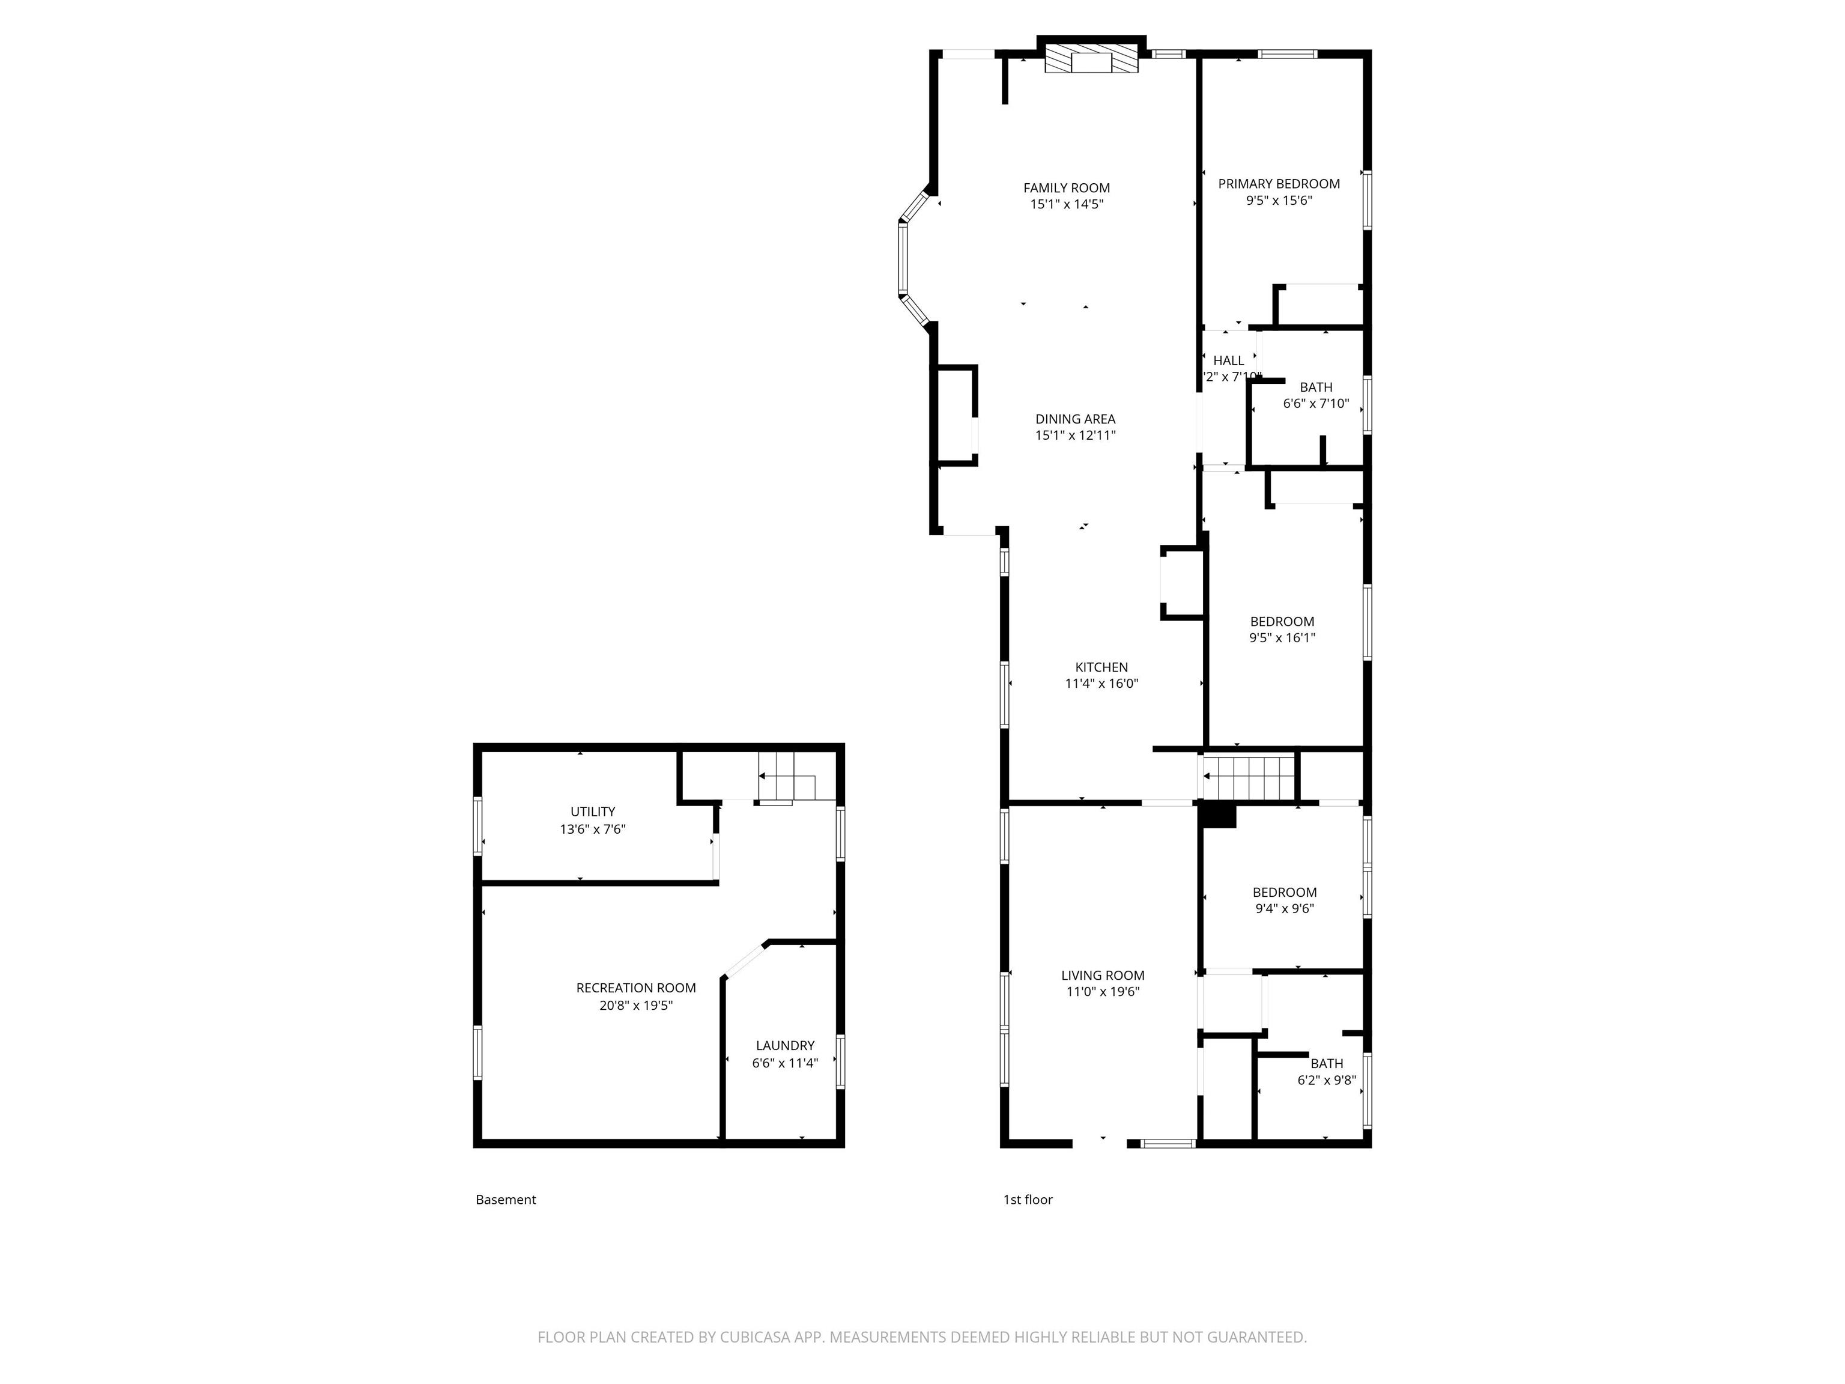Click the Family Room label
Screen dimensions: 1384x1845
[x=1066, y=187]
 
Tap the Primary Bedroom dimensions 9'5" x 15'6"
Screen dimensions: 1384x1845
[x=1279, y=200]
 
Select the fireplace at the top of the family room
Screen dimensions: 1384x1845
[x=1091, y=61]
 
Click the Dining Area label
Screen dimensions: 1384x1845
[x=1075, y=419]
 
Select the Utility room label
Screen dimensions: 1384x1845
[x=592, y=812]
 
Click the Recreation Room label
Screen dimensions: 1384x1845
[x=635, y=988]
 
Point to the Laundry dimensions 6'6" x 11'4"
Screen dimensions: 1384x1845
[x=785, y=1063]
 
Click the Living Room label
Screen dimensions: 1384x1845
[x=1102, y=975]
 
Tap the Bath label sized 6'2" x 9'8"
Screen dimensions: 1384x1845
[x=1326, y=1064]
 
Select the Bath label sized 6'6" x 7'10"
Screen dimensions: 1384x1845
[x=1315, y=387]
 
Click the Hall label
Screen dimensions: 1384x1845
[x=1228, y=360]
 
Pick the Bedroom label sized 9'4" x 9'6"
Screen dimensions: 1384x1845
[x=1285, y=893]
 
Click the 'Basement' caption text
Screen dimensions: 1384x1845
[x=506, y=1200]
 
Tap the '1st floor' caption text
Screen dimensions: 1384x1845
[x=1028, y=1200]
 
